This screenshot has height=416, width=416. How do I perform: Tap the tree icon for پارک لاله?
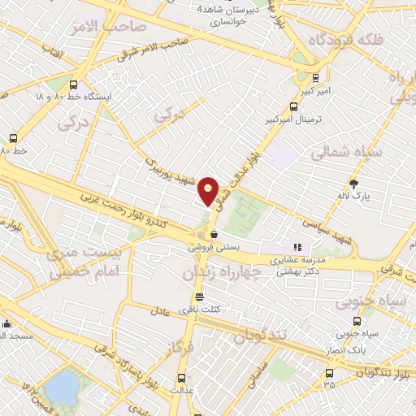pos(353,182)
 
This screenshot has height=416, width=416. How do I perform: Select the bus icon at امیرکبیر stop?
pos(315,78)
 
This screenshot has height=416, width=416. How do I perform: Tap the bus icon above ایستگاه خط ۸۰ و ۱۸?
pos(74,84)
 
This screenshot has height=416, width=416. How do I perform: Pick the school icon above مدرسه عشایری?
pos(297,247)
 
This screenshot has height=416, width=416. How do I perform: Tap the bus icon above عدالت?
pos(180,377)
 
